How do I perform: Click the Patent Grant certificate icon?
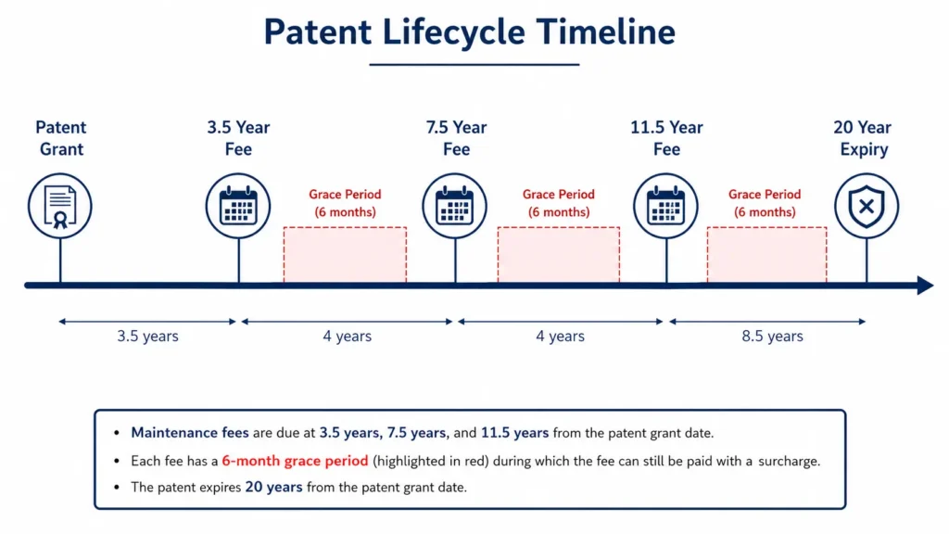point(60,206)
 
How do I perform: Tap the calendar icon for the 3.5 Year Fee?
point(238,206)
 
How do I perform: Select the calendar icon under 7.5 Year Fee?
point(454,206)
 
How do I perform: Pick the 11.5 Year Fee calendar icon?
point(665,206)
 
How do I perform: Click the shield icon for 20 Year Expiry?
point(867,206)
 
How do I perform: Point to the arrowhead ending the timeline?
point(926,286)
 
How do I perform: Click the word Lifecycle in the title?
point(453,32)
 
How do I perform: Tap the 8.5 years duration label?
point(772,336)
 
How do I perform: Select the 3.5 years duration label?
point(147,336)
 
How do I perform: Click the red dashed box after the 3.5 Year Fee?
point(345,254)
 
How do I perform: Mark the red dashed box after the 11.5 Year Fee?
point(766,254)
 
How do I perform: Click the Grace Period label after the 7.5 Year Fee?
point(559,203)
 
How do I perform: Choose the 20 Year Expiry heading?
point(863,138)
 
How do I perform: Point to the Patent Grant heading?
point(61,138)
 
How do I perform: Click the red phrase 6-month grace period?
point(295,461)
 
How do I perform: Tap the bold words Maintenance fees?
point(190,433)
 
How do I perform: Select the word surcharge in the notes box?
point(790,462)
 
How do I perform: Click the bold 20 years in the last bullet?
point(273,488)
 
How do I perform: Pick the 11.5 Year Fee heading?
point(666,138)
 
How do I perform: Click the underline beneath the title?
point(474,64)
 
